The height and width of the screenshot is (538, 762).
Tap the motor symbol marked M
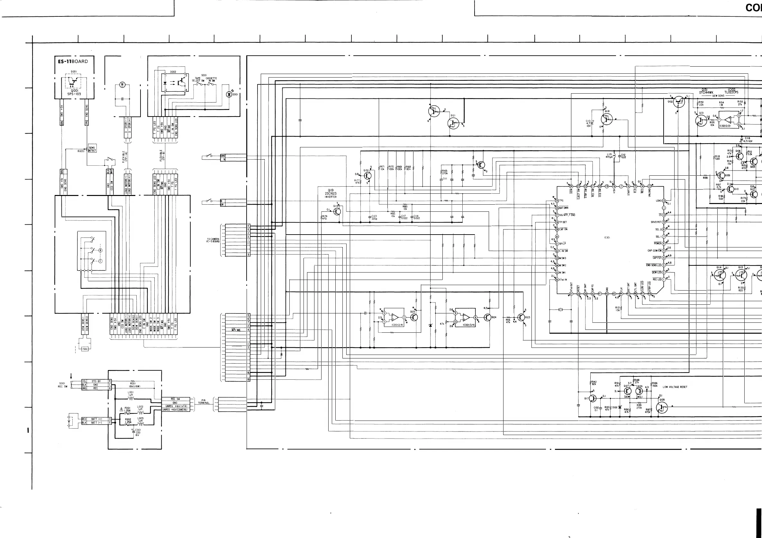pos(122,85)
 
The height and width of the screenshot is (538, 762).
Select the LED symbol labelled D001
pos(229,95)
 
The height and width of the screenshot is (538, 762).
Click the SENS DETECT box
pos(92,149)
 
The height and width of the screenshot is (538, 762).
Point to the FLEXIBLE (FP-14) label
pos(123,157)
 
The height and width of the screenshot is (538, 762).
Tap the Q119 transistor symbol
pos(337,211)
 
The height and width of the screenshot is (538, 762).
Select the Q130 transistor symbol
pos(367,176)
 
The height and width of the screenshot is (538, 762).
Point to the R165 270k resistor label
pos(445,172)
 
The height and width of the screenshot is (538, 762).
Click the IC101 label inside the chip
pos(607,237)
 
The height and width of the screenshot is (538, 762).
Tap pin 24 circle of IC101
pos(571,187)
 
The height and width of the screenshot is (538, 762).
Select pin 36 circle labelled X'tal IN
pos(557,280)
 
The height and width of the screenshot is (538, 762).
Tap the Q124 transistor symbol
pos(487,318)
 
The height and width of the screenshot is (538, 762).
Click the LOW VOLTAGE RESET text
pos(675,387)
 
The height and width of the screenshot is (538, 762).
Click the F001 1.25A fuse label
pos(128,409)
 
